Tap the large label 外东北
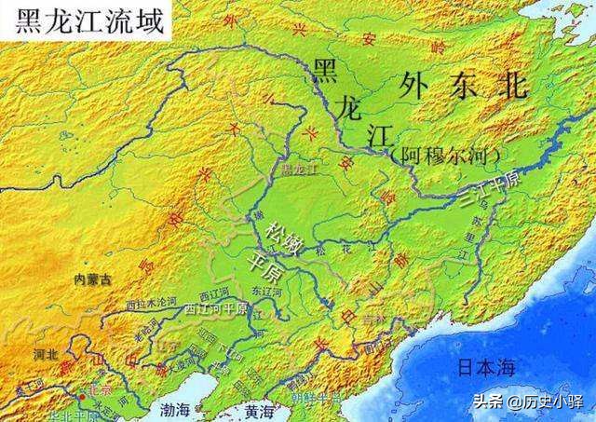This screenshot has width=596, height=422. point(463,87)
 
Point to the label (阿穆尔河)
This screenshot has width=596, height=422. point(446,152)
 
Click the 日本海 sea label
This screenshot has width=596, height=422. point(485,367)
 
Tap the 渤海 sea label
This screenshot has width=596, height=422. point(176,409)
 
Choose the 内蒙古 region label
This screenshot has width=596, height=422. point(93,278)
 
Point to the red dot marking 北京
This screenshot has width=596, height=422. point(81,397)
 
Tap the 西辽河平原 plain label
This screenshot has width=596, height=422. point(215,306)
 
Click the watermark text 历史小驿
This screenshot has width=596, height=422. point(553,402)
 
